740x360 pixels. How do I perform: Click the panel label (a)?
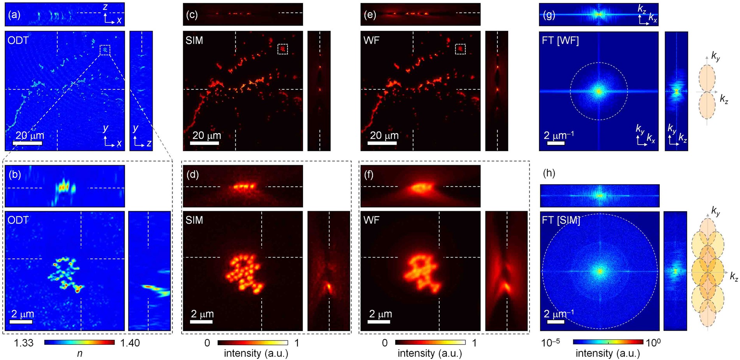[15, 15]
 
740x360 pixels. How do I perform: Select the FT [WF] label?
[560, 41]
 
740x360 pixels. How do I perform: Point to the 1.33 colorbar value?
[24, 343]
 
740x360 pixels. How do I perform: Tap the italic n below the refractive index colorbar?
[79, 353]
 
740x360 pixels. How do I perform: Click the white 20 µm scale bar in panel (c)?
[204, 143]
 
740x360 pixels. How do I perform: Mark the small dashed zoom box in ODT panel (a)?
[105, 50]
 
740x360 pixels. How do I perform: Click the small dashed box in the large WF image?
[460, 49]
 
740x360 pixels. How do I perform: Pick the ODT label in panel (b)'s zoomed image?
[18, 220]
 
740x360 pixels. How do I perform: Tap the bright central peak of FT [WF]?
[599, 92]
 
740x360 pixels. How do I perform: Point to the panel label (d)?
[192, 175]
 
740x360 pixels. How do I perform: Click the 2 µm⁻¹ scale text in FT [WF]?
[559, 135]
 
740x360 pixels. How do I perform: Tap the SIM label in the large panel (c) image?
[194, 41]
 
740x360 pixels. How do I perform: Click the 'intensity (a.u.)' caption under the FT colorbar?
[608, 353]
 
